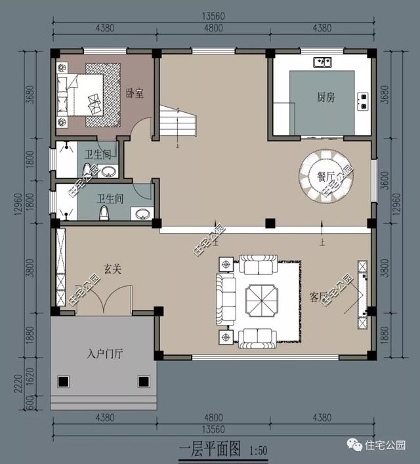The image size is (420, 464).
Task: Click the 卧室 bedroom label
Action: coord(135,94)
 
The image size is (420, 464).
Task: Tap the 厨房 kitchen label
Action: coord(325,97)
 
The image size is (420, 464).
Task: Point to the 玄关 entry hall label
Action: coord(111,269)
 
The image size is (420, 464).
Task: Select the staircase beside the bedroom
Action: coord(178,125)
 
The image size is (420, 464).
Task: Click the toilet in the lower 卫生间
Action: coord(103,213)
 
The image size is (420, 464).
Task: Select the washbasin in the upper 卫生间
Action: coord(109,172)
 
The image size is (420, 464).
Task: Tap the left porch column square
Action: coord(64,381)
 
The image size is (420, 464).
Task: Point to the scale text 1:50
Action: coord(259,451)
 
